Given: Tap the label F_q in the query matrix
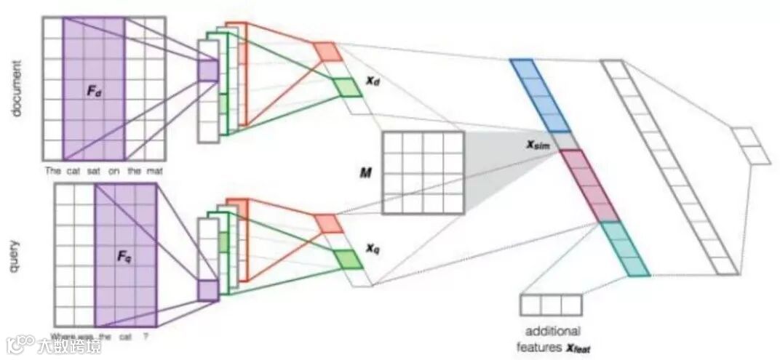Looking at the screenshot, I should click(x=125, y=257).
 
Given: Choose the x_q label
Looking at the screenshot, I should click(x=372, y=247).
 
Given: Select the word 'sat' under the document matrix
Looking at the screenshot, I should click(x=95, y=172).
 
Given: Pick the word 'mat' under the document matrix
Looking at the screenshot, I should click(x=156, y=172).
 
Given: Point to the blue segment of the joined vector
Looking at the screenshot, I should click(x=539, y=95).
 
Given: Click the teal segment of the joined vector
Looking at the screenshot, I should click(x=626, y=249).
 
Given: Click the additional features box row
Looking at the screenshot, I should click(x=551, y=305).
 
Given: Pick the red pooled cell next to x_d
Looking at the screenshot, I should click(x=327, y=51).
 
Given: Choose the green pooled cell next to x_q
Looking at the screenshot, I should click(x=347, y=259).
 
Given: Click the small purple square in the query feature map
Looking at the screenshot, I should click(x=207, y=290).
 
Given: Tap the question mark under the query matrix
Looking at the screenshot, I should click(x=145, y=337).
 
